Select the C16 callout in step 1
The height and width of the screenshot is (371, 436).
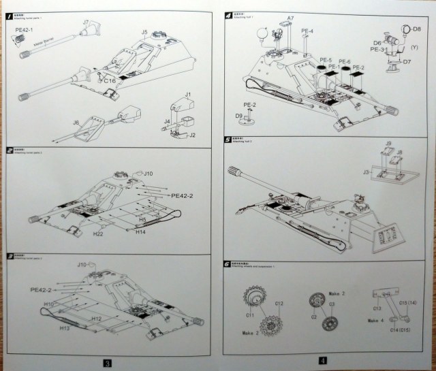point(111,80)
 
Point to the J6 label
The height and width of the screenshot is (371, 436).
point(76,122)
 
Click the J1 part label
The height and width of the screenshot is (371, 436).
point(188,93)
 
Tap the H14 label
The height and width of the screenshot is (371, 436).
point(141,233)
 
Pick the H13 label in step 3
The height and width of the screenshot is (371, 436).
point(65,327)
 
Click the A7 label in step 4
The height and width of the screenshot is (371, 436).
point(291,18)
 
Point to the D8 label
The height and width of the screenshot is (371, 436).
point(416,30)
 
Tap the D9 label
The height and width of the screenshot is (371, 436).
point(239,116)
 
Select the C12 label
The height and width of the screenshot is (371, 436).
point(279,303)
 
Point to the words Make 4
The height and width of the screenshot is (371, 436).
point(376,319)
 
